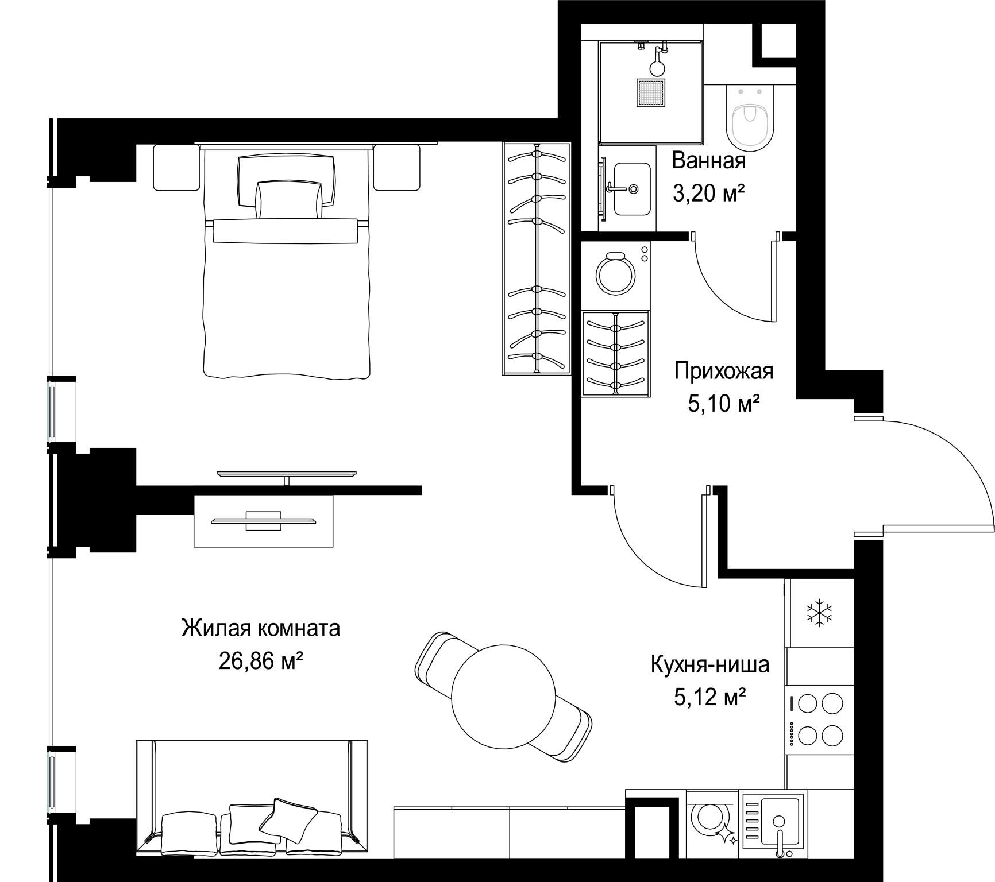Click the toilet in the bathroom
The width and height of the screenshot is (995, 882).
[750, 118]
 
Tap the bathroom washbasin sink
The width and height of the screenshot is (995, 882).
[632, 188]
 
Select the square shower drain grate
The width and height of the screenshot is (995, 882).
[651, 92]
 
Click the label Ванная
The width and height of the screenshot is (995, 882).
[708, 161]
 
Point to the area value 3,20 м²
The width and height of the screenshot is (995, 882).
[708, 194]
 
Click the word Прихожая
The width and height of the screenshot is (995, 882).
[724, 371]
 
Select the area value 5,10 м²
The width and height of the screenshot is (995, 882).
[724, 404]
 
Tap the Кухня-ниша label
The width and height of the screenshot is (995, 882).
[709, 664]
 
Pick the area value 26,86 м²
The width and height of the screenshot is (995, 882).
[261, 661]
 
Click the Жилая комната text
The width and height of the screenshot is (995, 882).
[261, 628]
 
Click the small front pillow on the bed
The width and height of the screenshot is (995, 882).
[288, 199]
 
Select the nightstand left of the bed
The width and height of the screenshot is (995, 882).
[176, 167]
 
